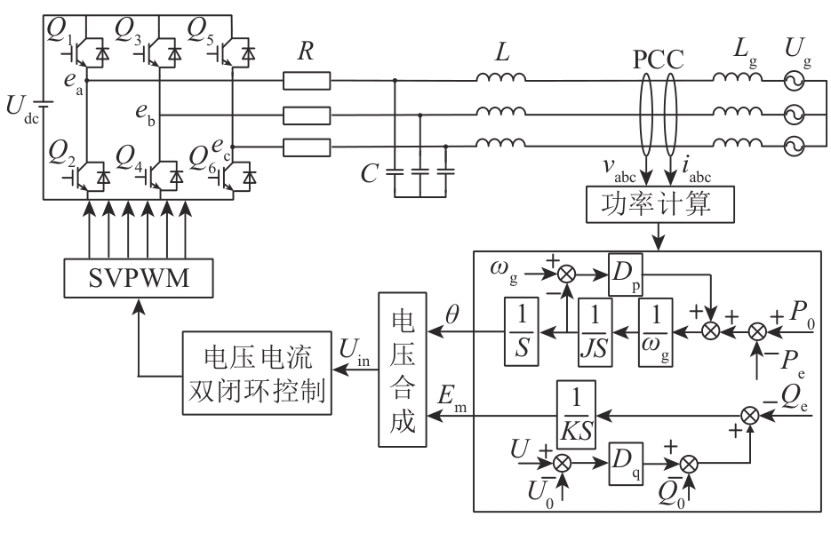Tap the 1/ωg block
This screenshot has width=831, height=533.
[x=659, y=330]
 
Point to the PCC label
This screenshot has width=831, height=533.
[x=659, y=60]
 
